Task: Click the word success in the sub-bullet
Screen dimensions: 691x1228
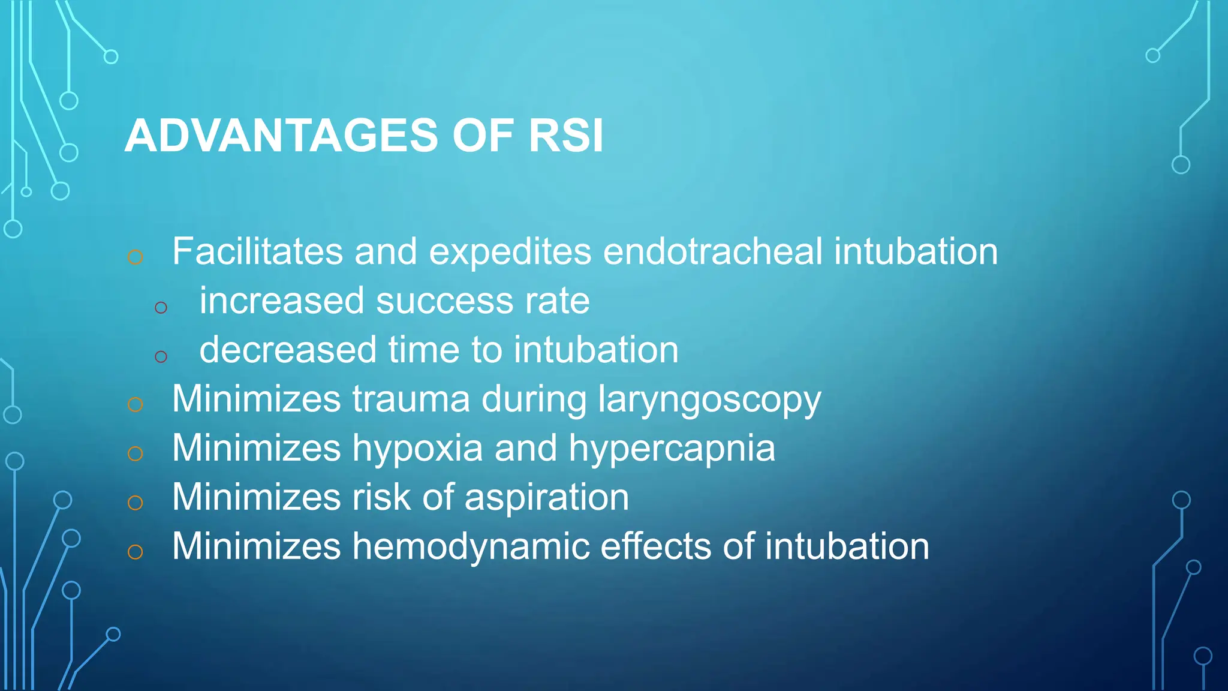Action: tap(444, 301)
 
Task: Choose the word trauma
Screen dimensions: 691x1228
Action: tap(411, 399)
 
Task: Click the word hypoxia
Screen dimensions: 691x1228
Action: tap(417, 449)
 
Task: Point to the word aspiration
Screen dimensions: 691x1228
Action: tap(546, 498)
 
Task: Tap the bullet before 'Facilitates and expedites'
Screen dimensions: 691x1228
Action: tap(136, 257)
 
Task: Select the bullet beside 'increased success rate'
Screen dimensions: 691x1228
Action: tap(161, 308)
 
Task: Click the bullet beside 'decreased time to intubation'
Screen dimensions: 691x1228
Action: tap(161, 357)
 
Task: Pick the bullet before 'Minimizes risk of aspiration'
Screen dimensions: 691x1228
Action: tap(136, 503)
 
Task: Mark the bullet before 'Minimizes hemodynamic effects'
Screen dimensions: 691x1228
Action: tap(136, 552)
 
